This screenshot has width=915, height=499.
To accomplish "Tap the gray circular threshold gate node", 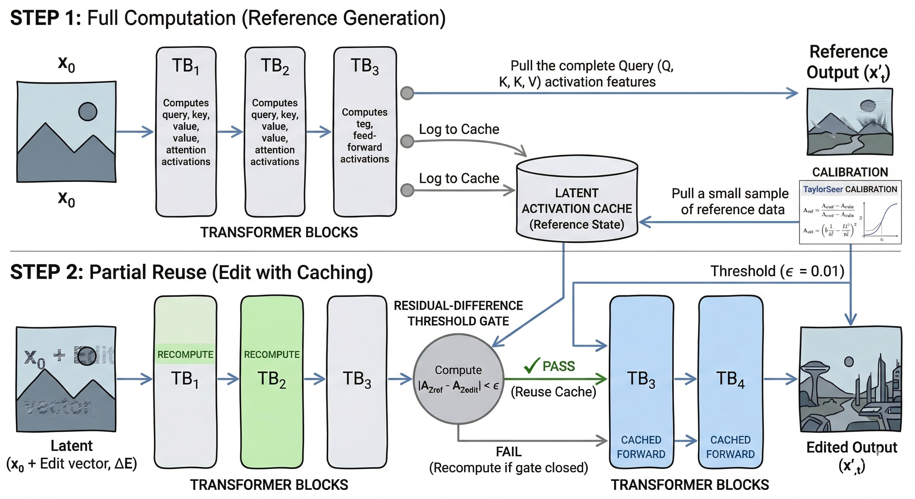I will click(x=458, y=379).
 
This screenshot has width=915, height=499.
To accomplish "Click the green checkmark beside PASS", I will click(x=532, y=365).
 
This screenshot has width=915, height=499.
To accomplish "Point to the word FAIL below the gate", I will click(x=509, y=452).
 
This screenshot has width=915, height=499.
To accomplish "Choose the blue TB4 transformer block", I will click(x=730, y=382).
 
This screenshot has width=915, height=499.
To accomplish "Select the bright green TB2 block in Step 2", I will click(x=272, y=382).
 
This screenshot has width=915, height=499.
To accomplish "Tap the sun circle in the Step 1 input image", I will click(x=87, y=111).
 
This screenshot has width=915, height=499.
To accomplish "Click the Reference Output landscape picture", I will click(x=850, y=122).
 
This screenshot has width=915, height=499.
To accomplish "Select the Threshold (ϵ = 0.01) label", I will click(x=777, y=271).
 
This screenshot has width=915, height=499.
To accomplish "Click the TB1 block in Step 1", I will click(x=186, y=131).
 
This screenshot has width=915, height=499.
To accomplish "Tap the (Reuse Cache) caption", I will click(x=553, y=392).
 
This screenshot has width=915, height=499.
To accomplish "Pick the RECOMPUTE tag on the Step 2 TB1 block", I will click(x=185, y=354).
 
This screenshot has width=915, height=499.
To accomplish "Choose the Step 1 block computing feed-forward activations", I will click(x=365, y=131).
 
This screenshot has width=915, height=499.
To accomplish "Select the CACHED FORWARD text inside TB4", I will click(x=730, y=447).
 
